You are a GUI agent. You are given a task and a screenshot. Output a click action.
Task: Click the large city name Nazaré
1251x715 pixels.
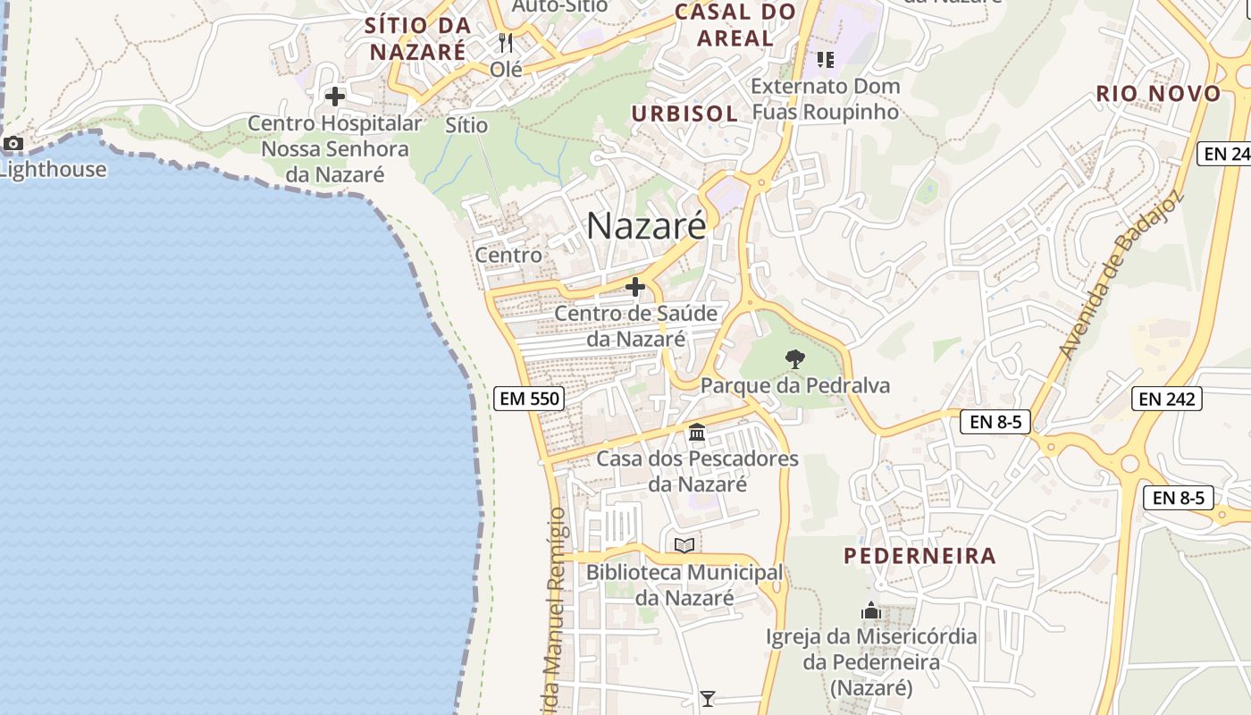coord(646,226)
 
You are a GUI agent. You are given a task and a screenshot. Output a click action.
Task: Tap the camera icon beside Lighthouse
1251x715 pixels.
coord(13,143)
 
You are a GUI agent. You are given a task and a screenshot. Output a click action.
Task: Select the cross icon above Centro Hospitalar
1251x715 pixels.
coord(335,97)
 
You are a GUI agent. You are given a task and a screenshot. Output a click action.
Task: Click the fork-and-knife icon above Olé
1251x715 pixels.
coord(506,42)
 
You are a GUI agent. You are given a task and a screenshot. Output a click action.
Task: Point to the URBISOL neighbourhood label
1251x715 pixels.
coord(685,114)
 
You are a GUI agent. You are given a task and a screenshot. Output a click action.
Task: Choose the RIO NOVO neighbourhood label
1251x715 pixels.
coord(1158,94)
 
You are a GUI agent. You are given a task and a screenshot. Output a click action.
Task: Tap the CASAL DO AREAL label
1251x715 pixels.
coord(735,25)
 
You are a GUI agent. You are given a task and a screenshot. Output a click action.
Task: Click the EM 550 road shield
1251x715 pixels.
coord(530,399)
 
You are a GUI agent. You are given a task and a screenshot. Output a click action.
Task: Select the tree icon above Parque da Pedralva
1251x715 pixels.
coord(794,359)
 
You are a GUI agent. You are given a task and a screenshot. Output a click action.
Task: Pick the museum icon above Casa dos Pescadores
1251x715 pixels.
coord(697,433)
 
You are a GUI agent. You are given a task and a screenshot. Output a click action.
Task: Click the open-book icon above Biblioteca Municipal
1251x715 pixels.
coord(684,545)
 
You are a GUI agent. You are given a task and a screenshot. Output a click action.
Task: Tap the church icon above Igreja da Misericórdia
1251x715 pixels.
coord(871,611)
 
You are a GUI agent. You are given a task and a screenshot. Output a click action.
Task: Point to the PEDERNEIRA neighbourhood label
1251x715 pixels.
coord(919,556)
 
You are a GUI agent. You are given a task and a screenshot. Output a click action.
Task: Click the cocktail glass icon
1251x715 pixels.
coord(708,698)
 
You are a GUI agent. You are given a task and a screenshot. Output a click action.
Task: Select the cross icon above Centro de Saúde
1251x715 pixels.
coord(635,287)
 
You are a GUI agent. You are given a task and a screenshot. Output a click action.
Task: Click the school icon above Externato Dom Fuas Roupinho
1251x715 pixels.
coord(825,60)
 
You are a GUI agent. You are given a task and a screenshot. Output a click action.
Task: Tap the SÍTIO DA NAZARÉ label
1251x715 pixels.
coord(417,38)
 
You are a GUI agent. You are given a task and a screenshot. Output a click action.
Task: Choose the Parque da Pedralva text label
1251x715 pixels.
coord(795,386)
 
